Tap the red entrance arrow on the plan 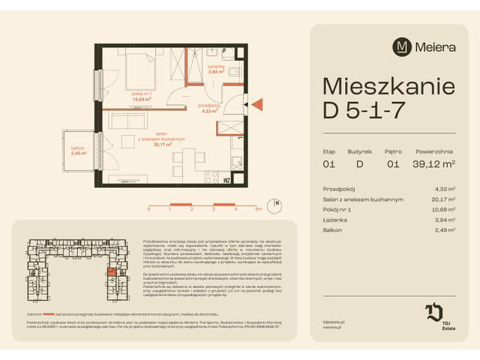(256, 103)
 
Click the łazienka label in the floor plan (217, 68)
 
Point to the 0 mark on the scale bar (148, 210)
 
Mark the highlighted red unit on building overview (112, 272)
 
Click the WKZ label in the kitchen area (226, 180)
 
